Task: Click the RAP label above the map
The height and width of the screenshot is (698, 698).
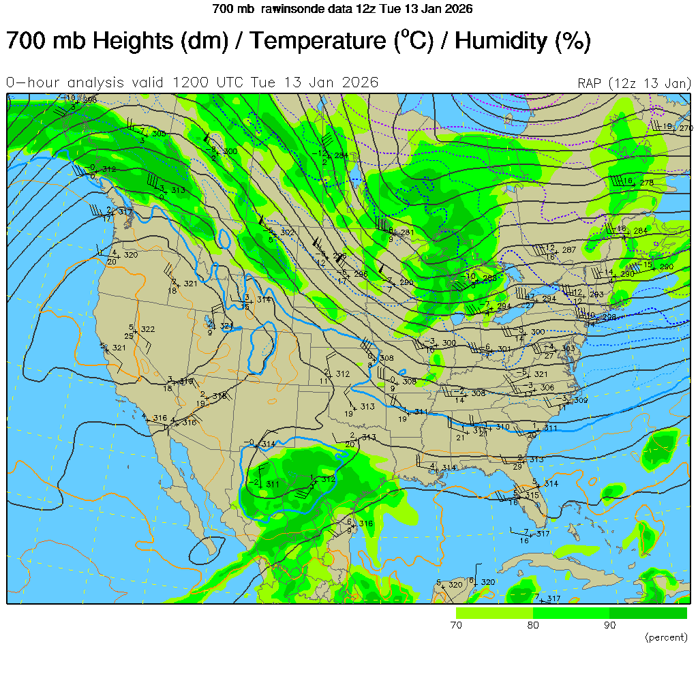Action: click(590, 83)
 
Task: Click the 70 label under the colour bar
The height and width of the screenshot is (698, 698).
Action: click(457, 625)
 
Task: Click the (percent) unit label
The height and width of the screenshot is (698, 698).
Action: click(665, 637)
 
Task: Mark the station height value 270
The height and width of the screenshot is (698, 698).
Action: click(686, 128)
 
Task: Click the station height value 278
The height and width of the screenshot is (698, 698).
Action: click(647, 183)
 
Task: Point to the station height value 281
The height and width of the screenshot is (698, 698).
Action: click(407, 233)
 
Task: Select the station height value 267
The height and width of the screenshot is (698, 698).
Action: click(569, 250)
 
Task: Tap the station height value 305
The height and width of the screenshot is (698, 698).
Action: click(159, 134)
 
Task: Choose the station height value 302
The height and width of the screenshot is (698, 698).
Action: click(287, 233)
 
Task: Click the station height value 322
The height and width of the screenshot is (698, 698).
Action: click(148, 330)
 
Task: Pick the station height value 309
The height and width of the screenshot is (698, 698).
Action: click(580, 400)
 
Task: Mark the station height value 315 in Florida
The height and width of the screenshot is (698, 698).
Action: click(532, 496)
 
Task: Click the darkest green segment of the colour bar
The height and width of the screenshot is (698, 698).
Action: click(648, 613)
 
